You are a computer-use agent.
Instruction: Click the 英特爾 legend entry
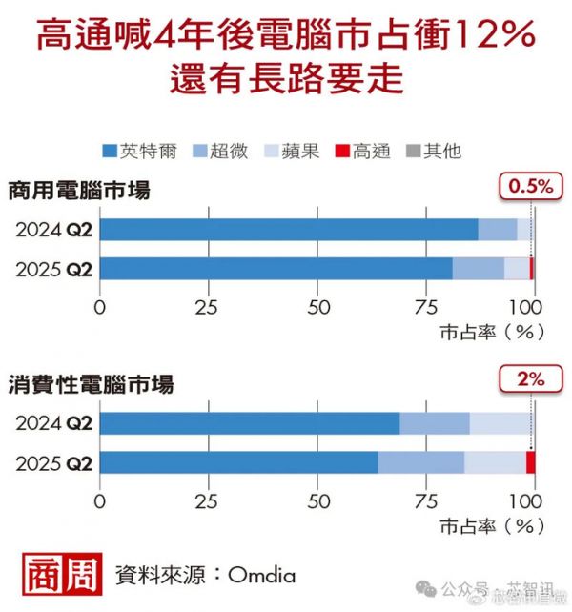(x=134, y=151)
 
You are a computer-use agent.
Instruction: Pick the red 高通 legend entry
(x=363, y=151)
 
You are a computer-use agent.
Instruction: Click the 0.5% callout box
(x=527, y=187)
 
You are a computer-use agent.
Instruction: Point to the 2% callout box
(x=527, y=379)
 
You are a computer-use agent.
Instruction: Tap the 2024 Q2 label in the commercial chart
(x=53, y=230)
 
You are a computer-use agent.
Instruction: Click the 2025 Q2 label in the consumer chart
(x=53, y=462)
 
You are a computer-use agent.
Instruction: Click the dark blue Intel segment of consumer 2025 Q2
(x=238, y=462)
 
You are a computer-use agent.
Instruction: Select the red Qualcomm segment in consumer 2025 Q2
(x=530, y=462)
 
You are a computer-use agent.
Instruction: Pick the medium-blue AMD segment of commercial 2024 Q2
(x=497, y=230)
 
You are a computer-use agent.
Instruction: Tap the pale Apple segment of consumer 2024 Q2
(x=500, y=423)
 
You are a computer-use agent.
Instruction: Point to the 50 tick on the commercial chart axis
(x=317, y=308)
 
